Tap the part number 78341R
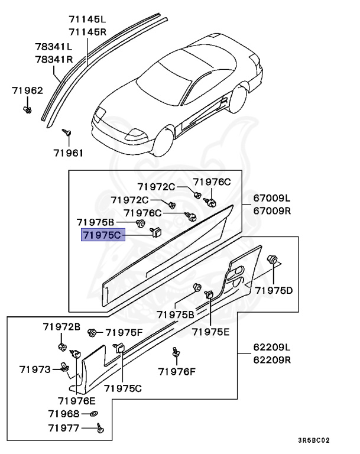(x=53, y=59)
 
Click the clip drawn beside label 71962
(x=28, y=109)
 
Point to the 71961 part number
(x=68, y=153)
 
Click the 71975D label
(x=274, y=290)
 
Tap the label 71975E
(x=210, y=332)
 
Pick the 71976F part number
(x=176, y=371)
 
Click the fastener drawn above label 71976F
(x=176, y=352)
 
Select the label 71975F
(x=124, y=333)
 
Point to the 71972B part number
(x=61, y=326)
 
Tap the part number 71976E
(x=77, y=401)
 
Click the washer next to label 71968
(x=95, y=413)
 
